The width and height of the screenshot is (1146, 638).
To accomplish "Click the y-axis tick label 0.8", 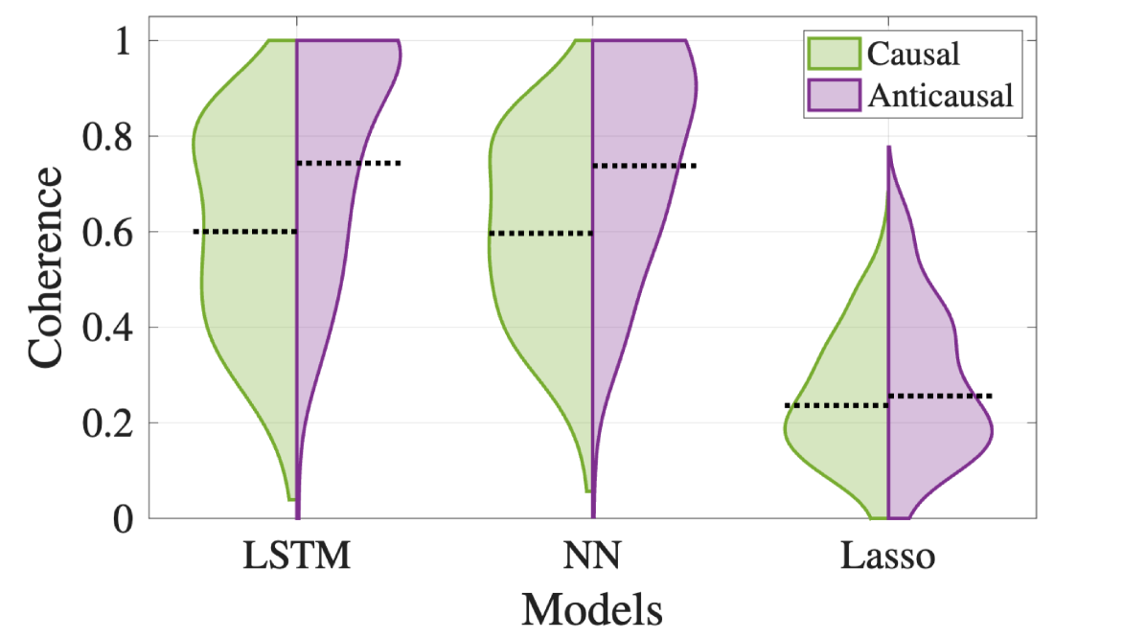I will [x=110, y=136].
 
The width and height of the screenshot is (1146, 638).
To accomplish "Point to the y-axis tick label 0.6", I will [x=110, y=232].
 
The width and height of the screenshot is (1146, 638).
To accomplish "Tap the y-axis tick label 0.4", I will [x=110, y=328].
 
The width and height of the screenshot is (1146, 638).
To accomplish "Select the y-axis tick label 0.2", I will [x=110, y=422].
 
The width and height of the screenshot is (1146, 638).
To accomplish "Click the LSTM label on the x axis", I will [x=296, y=558].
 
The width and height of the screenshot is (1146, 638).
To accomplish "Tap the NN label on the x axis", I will [x=592, y=558].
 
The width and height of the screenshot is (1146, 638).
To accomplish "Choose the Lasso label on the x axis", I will [x=887, y=558].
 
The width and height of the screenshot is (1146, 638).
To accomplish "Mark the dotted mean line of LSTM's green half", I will [x=245, y=232].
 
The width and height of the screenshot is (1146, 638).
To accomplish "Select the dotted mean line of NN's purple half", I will [x=644, y=167].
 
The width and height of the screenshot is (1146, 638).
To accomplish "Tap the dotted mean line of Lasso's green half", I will [x=837, y=406].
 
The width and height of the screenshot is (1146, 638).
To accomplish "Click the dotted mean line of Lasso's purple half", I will [x=940, y=396].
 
